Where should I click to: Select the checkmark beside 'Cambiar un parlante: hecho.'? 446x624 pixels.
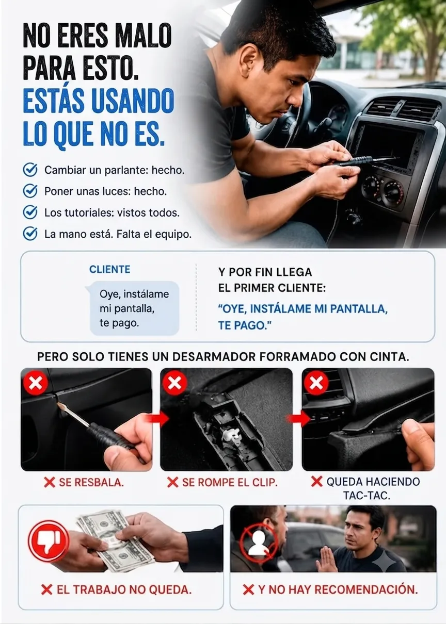(30, 170)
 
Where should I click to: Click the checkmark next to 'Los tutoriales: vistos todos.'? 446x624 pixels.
(30, 212)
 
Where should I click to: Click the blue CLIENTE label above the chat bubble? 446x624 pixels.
(109, 269)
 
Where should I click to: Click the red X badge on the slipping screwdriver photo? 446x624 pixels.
(36, 383)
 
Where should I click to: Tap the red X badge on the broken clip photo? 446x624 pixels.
(174, 383)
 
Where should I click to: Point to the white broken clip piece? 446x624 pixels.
(231, 436)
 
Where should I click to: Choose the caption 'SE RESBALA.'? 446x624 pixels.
(84, 483)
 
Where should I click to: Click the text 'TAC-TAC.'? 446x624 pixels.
(366, 496)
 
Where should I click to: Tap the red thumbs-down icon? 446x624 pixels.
(49, 541)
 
